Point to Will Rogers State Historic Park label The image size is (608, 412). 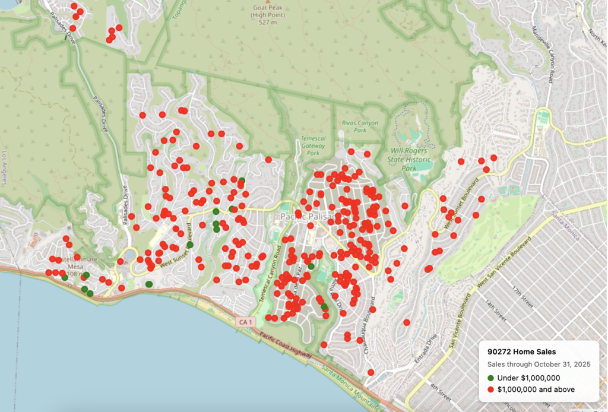point(410,159)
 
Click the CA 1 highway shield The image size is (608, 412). point(244,322)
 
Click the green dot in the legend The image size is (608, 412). point(491,378)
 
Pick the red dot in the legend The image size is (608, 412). point(491,389)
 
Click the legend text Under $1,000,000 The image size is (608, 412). point(528,378)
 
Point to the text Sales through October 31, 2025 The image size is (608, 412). point(539,364)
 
